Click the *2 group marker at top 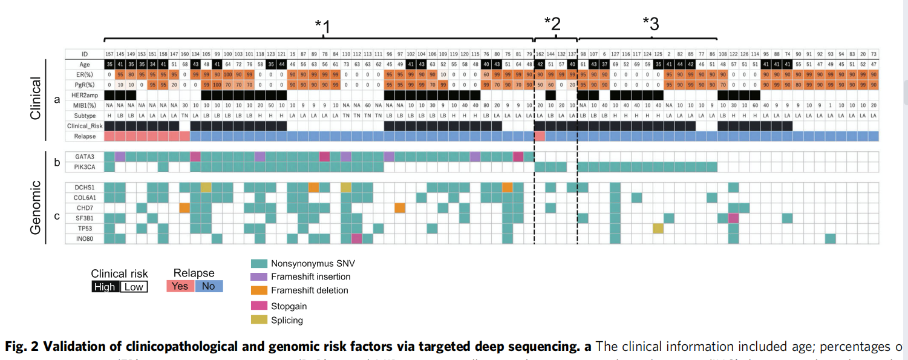[x=552, y=24]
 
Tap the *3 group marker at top [x=650, y=24]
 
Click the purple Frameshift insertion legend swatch [x=259, y=277]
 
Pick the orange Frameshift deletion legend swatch [x=259, y=290]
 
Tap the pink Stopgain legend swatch [x=259, y=306]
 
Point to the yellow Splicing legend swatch [x=259, y=320]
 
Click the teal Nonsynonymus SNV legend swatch [x=259, y=263]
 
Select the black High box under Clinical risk [x=105, y=287]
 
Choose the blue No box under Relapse [x=209, y=286]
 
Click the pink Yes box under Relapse [x=180, y=286]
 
